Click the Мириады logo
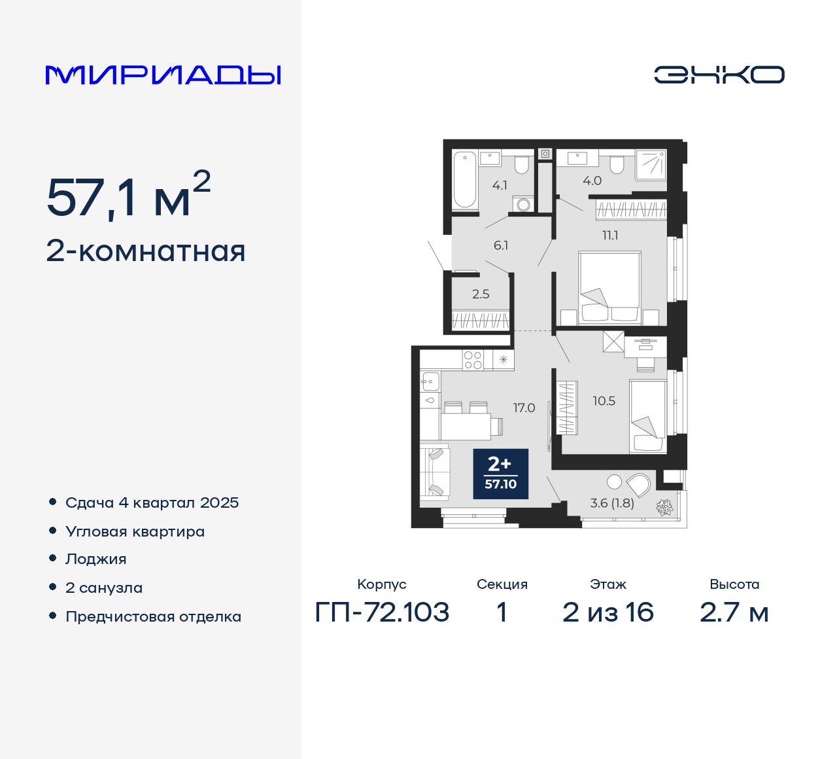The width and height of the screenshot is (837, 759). click(x=163, y=75)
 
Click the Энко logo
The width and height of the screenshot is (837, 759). click(x=719, y=75)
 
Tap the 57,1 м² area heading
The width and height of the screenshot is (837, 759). click(x=128, y=196)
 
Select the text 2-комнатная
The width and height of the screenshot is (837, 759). click(x=146, y=251)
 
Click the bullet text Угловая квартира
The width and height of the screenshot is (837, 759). click(x=135, y=531)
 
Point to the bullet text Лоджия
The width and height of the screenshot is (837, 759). click(x=95, y=559)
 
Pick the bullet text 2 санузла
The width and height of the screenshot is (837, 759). click(x=104, y=588)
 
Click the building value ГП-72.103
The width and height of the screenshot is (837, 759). click(x=382, y=612)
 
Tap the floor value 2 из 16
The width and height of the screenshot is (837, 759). click(x=607, y=612)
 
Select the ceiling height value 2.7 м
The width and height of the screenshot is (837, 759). click(x=734, y=612)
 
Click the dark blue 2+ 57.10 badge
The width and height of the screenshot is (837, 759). click(x=500, y=474)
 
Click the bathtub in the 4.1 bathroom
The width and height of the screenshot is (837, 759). click(x=465, y=179)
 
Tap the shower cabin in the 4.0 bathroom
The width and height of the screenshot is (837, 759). click(x=651, y=164)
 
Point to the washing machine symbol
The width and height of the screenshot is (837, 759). click(x=523, y=205)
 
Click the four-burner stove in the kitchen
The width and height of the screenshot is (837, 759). click(x=473, y=360)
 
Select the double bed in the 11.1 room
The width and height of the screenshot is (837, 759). click(x=609, y=288)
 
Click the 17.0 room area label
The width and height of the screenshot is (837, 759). click(x=524, y=408)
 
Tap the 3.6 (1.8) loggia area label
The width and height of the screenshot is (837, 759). click(x=612, y=503)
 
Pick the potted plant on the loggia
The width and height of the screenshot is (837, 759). click(x=665, y=507)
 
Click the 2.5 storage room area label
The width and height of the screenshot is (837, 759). click(x=481, y=294)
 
